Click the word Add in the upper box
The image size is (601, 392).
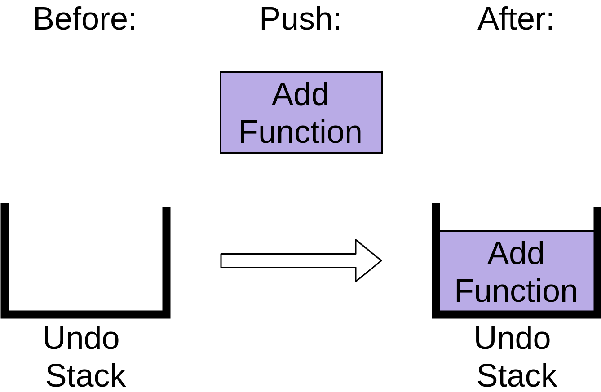click(x=300, y=94)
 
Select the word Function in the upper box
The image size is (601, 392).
click(x=300, y=132)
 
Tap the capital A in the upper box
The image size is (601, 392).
click(x=282, y=94)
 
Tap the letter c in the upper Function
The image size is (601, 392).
click(x=305, y=133)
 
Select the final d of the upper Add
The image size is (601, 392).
click(x=320, y=94)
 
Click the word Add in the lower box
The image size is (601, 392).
click(x=516, y=253)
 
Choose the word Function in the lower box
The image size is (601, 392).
click(x=516, y=291)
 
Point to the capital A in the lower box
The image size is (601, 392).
click(x=497, y=253)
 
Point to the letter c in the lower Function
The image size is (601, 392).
click(x=521, y=292)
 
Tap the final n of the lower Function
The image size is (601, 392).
click(x=570, y=292)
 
